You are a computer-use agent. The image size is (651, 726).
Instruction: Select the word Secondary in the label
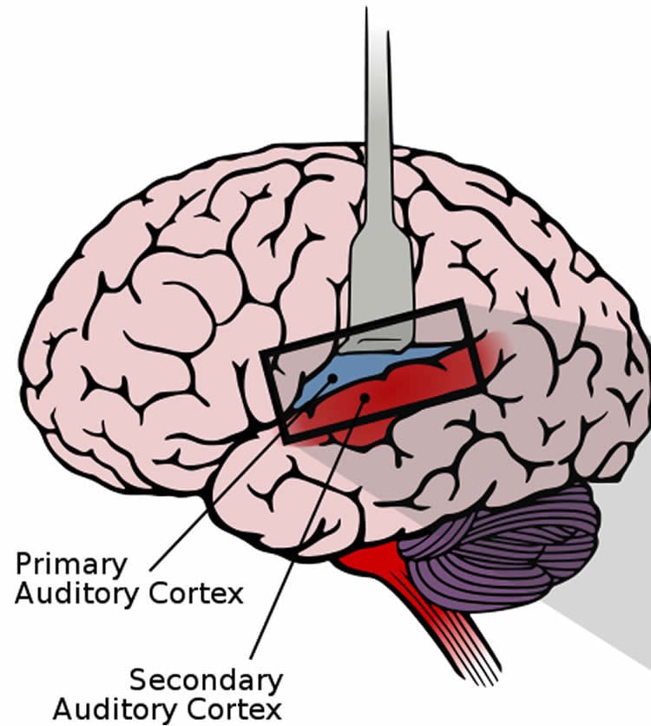coord(206,679)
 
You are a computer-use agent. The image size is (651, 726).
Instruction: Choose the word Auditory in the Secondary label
coord(113,708)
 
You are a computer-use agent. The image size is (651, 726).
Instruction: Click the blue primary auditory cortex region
coord(382,366)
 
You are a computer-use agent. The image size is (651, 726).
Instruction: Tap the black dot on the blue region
coord(332,379)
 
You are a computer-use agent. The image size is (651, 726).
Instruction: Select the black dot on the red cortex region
coord(365,398)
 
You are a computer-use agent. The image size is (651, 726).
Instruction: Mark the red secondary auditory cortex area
coord(408,391)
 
